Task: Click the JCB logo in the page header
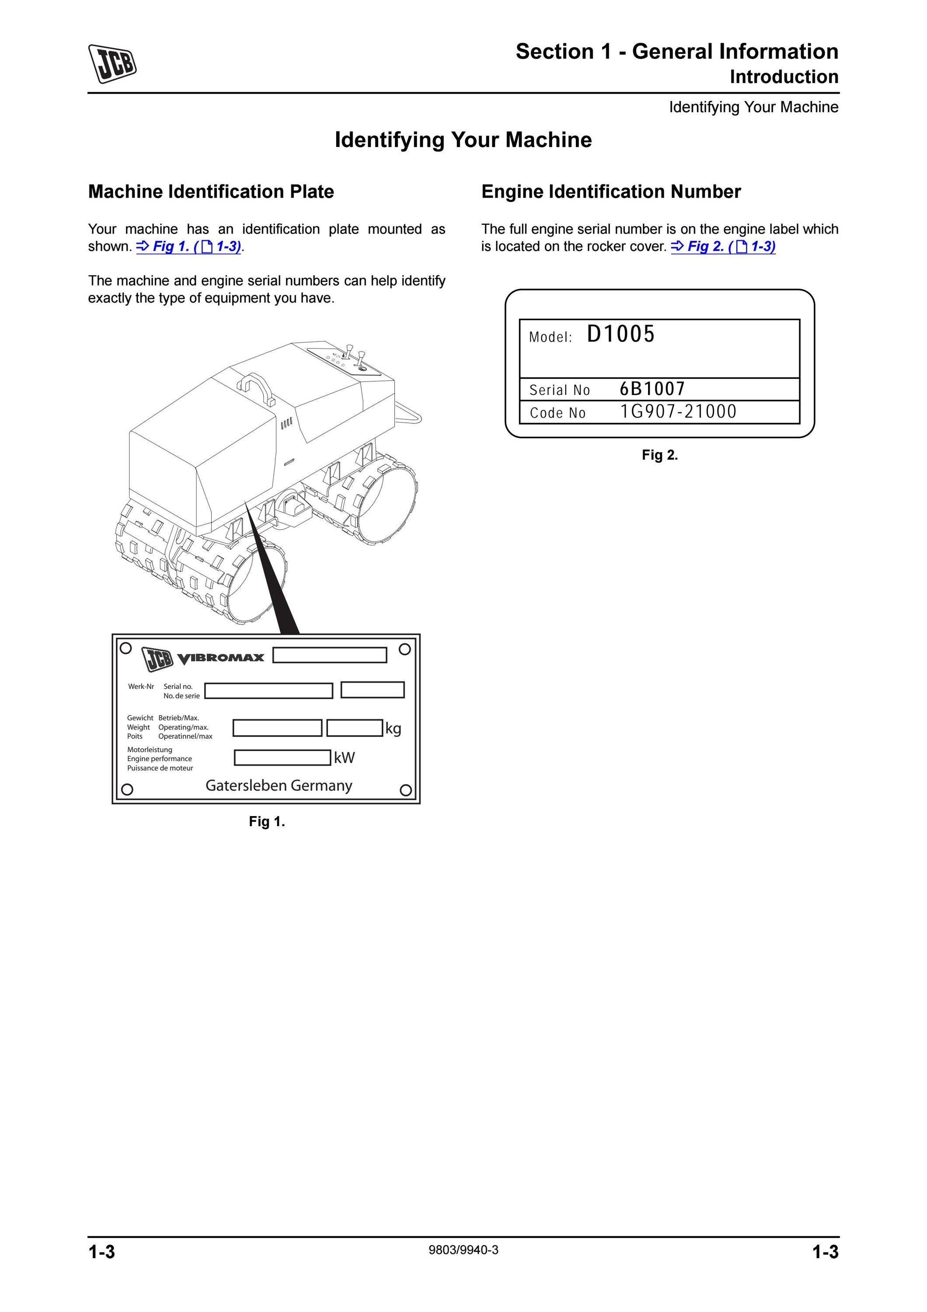coord(112,63)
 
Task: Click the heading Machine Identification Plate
coord(211,192)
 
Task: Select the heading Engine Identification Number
coord(611,192)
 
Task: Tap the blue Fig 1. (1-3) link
coord(189,246)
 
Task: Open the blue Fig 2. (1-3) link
coord(723,246)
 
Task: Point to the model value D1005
coord(621,334)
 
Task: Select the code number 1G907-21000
coord(679,412)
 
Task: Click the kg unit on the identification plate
coord(393,729)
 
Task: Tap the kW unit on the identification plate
coord(345,758)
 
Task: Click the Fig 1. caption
coord(267,822)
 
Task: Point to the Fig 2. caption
coord(660,455)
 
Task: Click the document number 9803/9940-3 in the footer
coord(463,1250)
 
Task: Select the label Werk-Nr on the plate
coord(141,686)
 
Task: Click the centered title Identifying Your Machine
coord(463,140)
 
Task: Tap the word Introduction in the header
coord(784,77)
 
